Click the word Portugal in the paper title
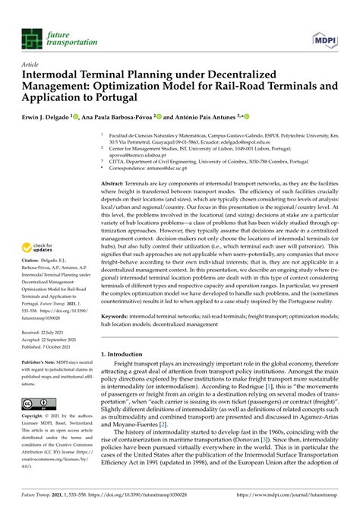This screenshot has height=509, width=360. click(x=137, y=98)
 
